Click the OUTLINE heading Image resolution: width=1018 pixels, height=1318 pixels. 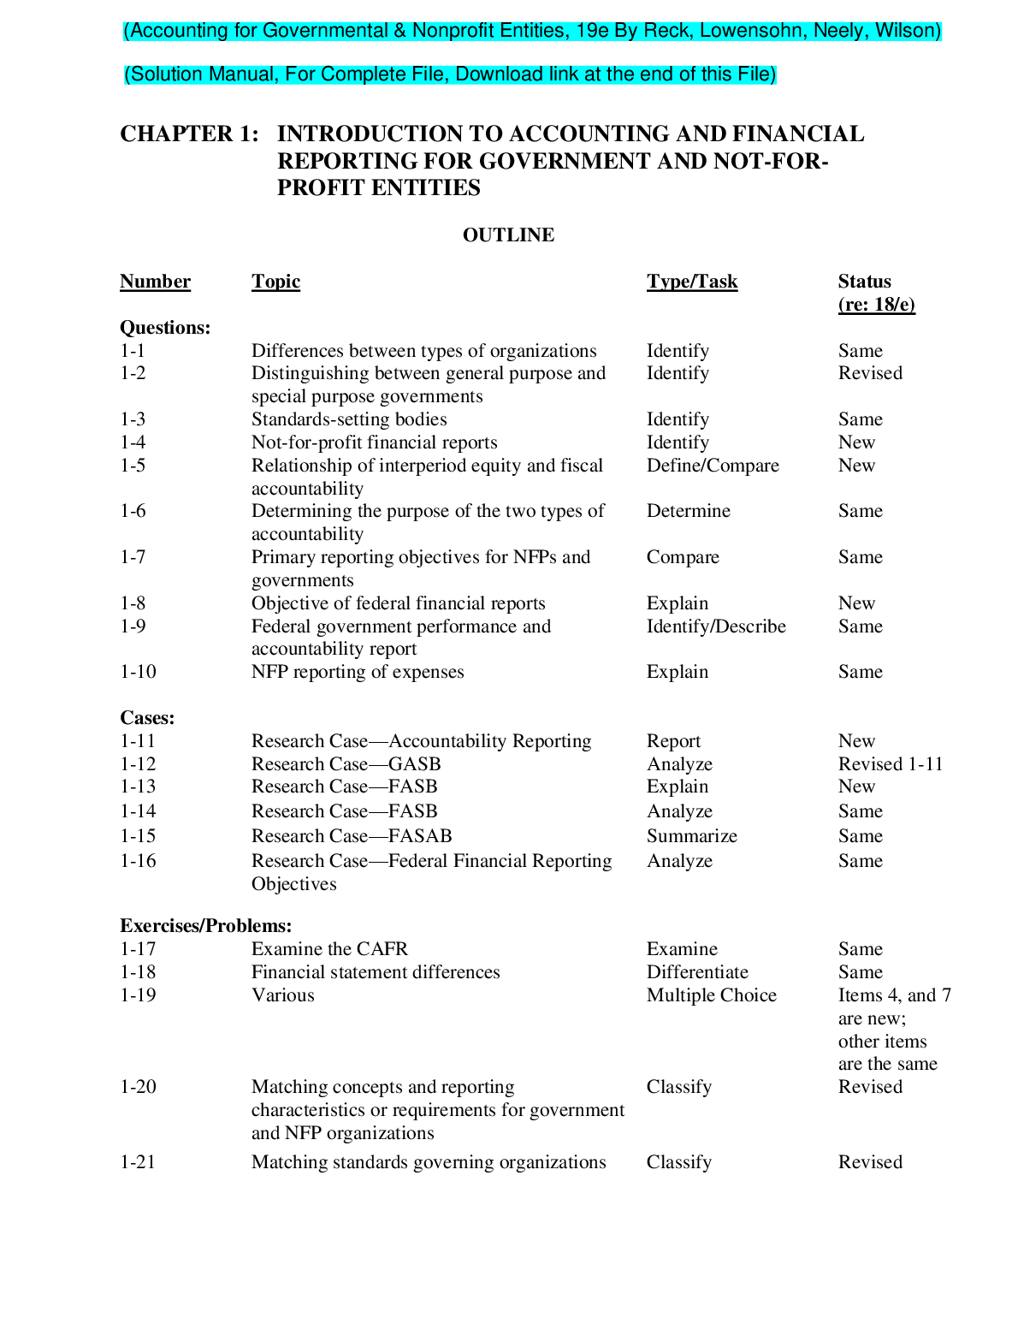click(x=508, y=235)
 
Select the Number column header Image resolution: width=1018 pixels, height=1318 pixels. click(x=155, y=282)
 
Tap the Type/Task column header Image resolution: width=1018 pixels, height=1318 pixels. click(x=691, y=282)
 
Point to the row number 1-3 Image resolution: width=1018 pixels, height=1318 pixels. click(x=133, y=419)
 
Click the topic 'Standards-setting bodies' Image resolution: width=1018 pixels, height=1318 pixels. click(x=349, y=419)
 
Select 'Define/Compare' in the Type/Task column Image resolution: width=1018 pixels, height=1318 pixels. click(x=713, y=466)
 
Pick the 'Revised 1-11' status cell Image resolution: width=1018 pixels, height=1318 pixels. click(x=890, y=764)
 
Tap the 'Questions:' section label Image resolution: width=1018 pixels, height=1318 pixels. click(x=165, y=328)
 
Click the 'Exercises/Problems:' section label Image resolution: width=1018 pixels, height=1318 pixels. click(x=205, y=926)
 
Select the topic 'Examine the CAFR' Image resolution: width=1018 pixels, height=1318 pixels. click(x=329, y=949)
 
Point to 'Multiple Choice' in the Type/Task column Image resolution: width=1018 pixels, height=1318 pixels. click(x=711, y=995)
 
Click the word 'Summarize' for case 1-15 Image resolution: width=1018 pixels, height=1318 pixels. click(x=691, y=836)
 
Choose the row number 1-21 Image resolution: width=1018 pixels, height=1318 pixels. click(x=138, y=1162)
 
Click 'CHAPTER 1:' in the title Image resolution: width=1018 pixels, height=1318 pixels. click(x=189, y=134)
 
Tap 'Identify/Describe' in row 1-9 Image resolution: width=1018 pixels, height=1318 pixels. click(x=716, y=626)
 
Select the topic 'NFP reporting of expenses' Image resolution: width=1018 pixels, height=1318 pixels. click(x=358, y=672)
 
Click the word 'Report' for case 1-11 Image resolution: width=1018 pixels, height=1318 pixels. click(x=673, y=741)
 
